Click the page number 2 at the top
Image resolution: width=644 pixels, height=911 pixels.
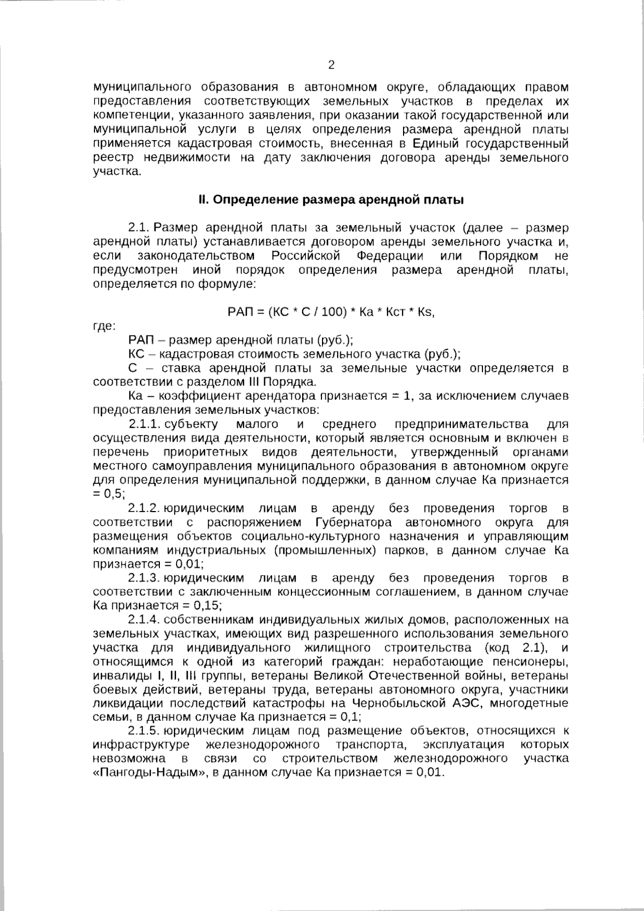pos(331,65)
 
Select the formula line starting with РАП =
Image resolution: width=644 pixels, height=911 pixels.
pos(331,312)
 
